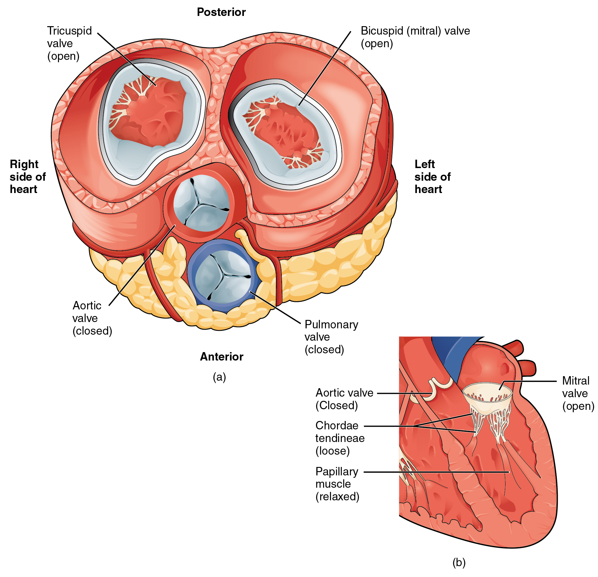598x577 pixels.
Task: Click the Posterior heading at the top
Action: tap(221, 12)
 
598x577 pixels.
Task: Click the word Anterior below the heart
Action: tap(221, 357)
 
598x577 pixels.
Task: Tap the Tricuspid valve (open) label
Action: tap(69, 43)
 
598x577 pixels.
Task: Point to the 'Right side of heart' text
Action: tap(27, 176)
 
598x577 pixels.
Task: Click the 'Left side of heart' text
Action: tap(432, 176)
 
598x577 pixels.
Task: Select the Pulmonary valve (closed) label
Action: tap(331, 337)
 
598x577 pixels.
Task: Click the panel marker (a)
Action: tap(219, 377)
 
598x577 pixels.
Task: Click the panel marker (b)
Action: tap(459, 562)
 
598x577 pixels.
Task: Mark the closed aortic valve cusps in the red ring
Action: tap(201, 203)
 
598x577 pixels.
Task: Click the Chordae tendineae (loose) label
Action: tap(340, 438)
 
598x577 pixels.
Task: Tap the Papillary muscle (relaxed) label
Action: tap(337, 484)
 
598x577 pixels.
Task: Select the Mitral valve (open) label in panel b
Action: tap(578, 393)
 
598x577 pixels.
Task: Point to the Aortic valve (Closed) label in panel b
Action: tap(344, 399)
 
